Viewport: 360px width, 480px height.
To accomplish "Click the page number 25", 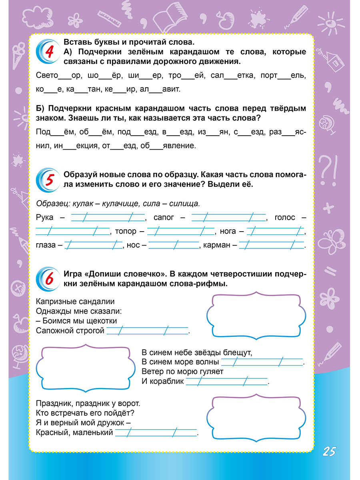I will (328, 452).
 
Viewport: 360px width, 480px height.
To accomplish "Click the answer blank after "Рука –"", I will (107, 218).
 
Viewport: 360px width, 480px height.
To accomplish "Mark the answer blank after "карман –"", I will (272, 245).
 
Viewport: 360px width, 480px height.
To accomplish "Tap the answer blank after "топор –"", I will (181, 231).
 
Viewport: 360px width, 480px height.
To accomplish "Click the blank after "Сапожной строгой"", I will (147, 331).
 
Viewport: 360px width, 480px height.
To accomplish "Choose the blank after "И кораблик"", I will (226, 382).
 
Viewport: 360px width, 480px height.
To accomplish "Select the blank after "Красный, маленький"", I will (156, 433).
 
